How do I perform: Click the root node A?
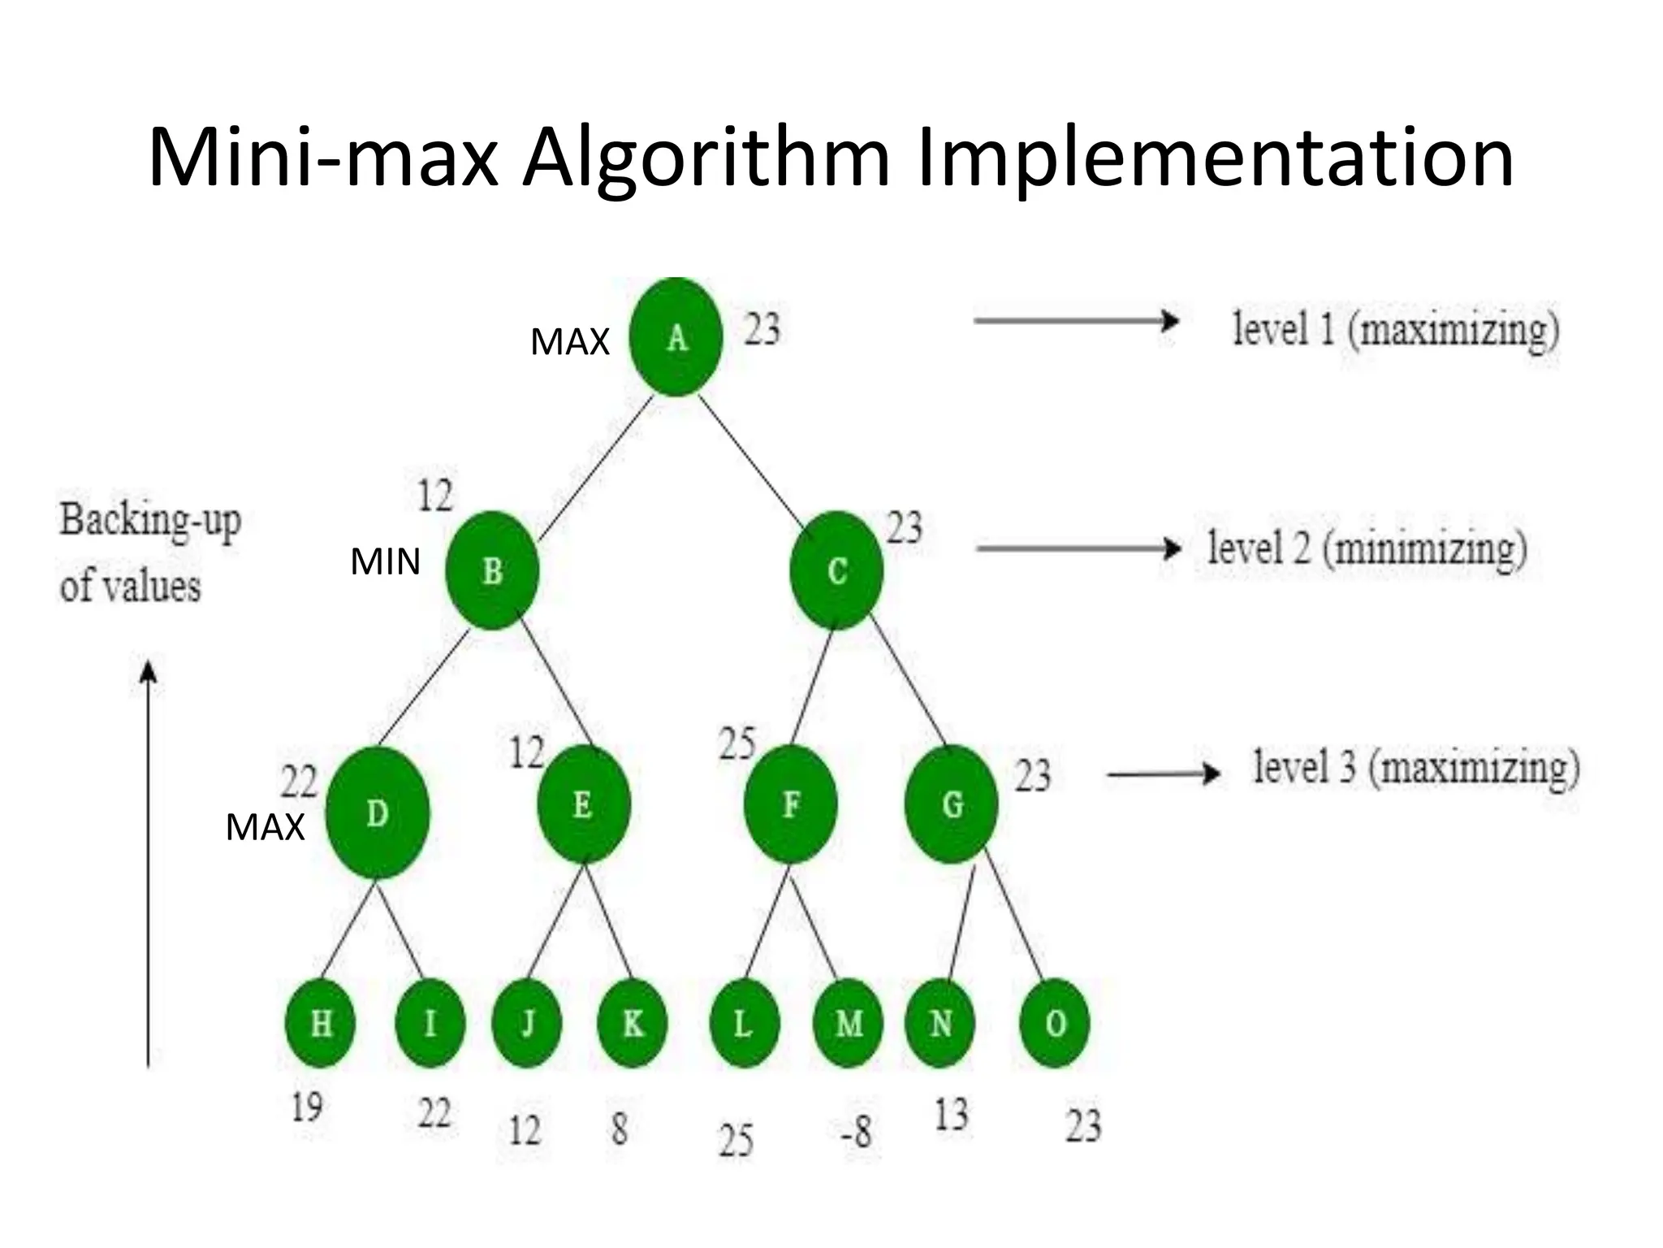pyautogui.click(x=676, y=337)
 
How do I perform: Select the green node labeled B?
pyautogui.click(x=492, y=570)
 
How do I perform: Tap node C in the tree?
pyautogui.click(x=836, y=570)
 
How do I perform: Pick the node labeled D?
pyautogui.click(x=378, y=812)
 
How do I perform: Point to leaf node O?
pyautogui.click(x=1055, y=1023)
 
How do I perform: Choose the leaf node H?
pyautogui.click(x=321, y=1023)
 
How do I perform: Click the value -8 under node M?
pyautogui.click(x=857, y=1131)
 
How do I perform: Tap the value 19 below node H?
pyautogui.click(x=307, y=1107)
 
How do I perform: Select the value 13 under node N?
pyautogui.click(x=951, y=1115)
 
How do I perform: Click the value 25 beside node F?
pyautogui.click(x=737, y=743)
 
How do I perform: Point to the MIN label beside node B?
pyautogui.click(x=385, y=562)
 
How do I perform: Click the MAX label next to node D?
pyautogui.click(x=265, y=828)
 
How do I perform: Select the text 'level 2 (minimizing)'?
pyautogui.click(x=1367, y=548)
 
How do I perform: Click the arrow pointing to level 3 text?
pyautogui.click(x=1164, y=774)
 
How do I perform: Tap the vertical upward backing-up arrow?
pyautogui.click(x=148, y=861)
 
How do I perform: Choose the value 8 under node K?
pyautogui.click(x=620, y=1129)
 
